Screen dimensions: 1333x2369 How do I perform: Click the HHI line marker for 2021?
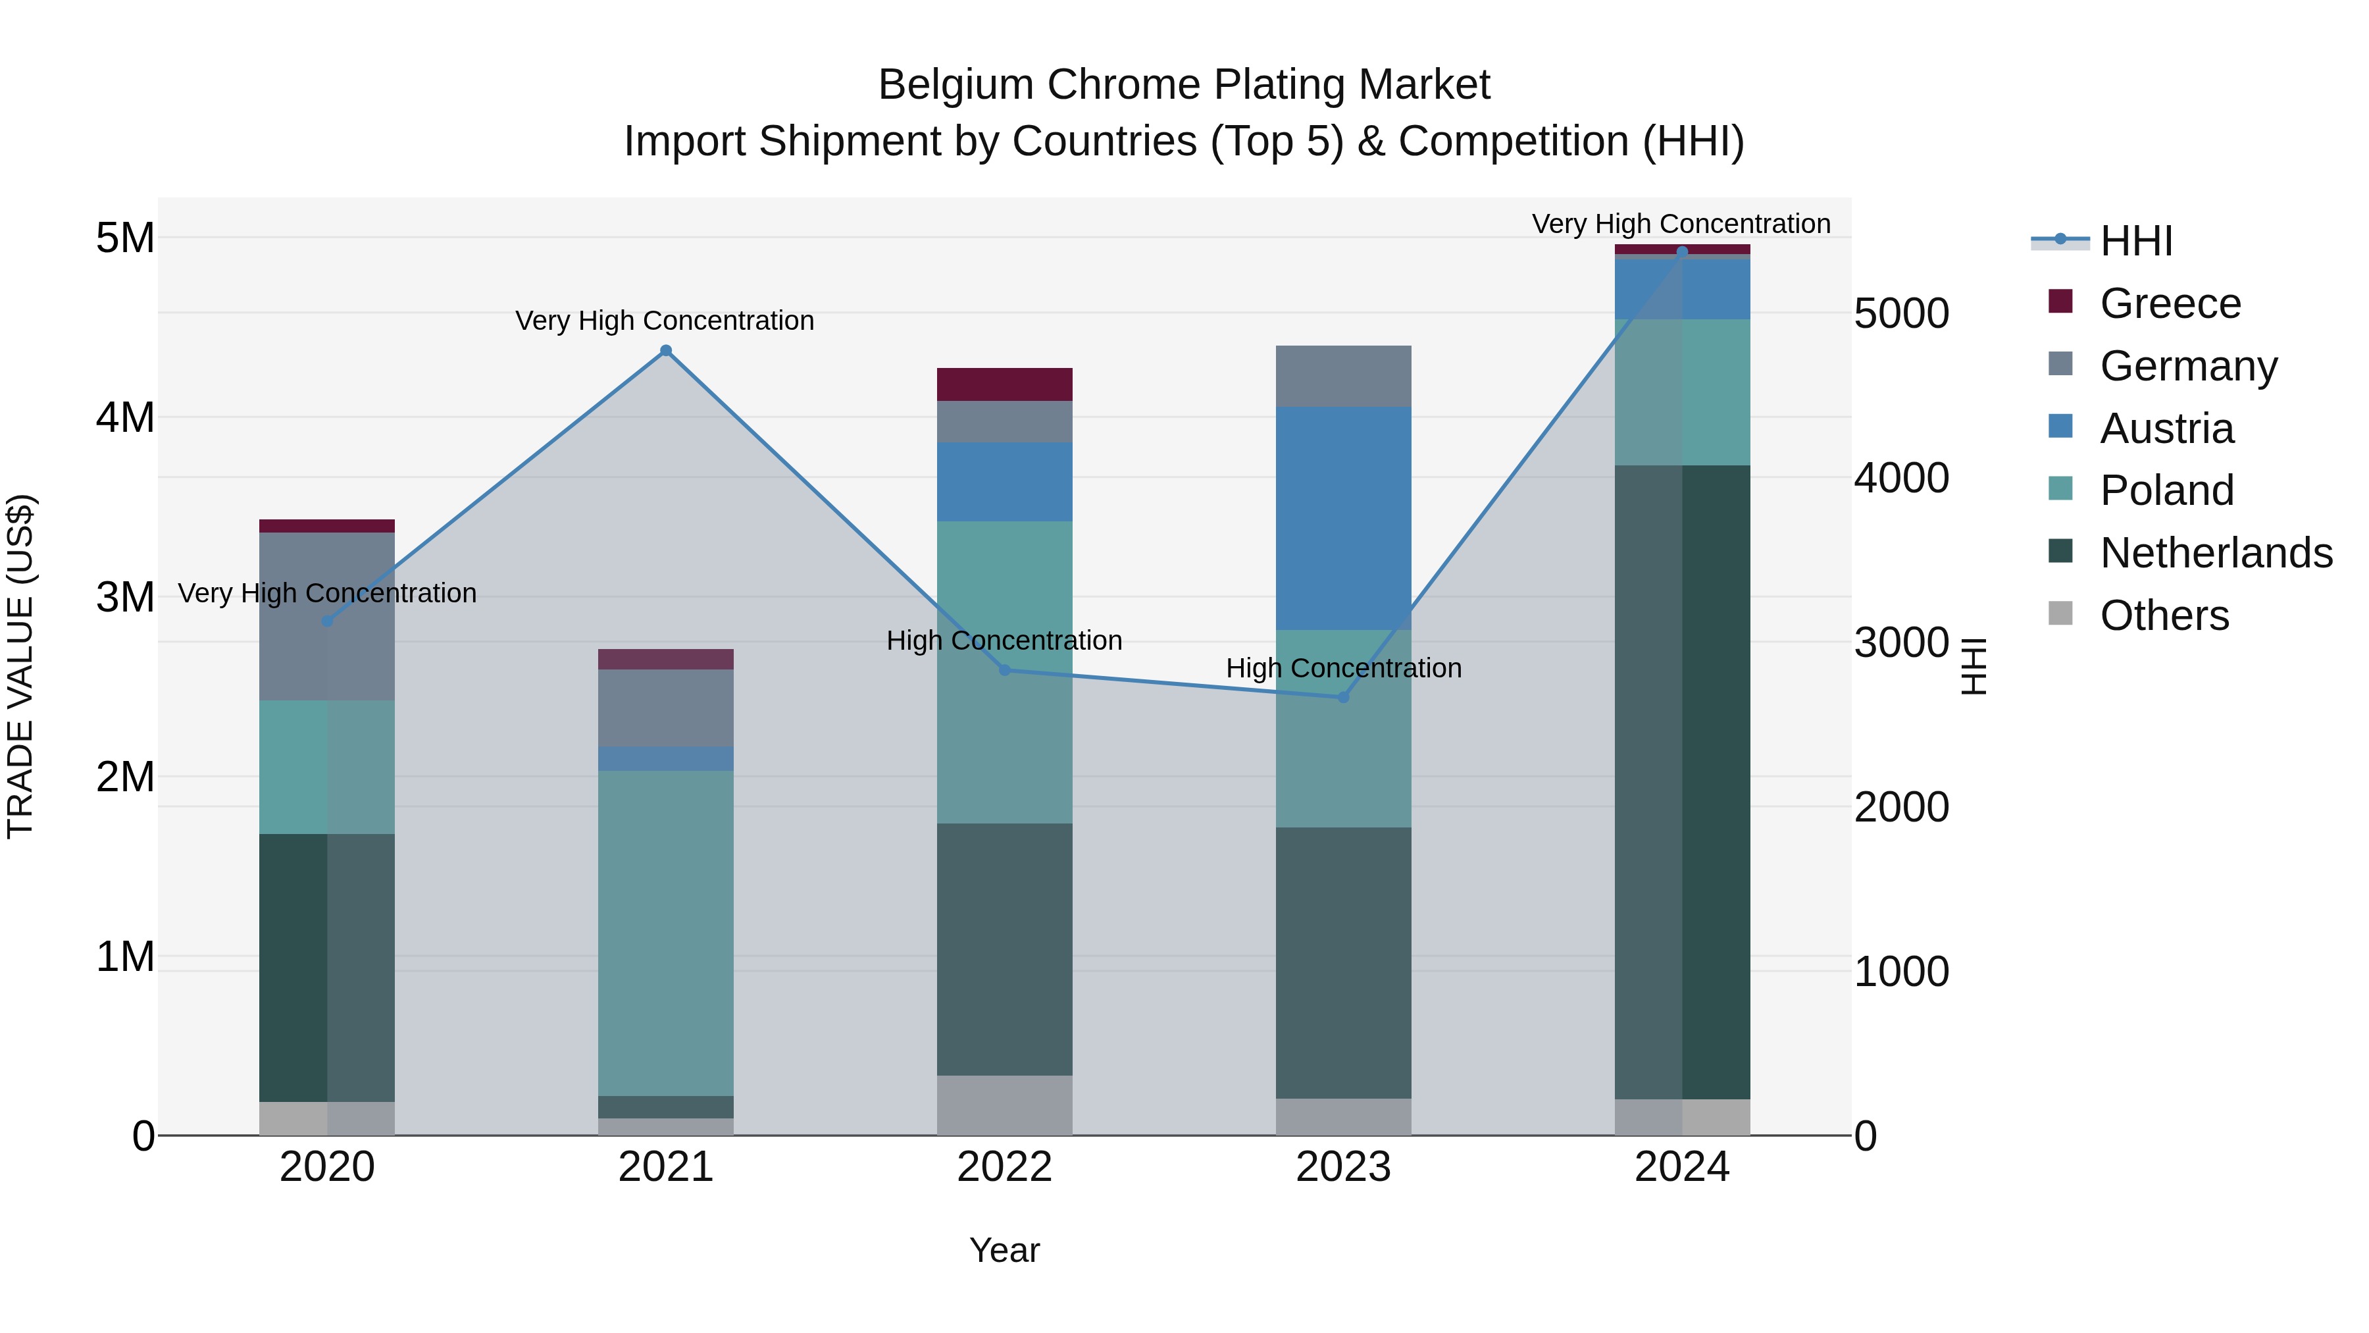666,350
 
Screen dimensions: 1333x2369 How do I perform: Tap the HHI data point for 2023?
1342,697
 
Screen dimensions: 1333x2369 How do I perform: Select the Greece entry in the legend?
2170,303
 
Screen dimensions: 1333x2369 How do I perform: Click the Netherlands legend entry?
2216,553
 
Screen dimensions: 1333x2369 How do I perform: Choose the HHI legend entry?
2135,241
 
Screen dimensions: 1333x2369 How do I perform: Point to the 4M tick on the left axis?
125,417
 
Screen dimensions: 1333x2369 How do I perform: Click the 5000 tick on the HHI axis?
1901,314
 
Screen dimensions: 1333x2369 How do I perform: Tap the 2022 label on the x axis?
1004,1167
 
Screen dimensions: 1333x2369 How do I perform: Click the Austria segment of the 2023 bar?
1342,518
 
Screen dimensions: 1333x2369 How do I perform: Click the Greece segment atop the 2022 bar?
1004,384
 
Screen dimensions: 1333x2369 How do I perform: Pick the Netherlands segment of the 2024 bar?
1682,782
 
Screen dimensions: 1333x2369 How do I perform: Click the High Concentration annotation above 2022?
1004,640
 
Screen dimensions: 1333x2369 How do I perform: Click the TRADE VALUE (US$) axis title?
21,666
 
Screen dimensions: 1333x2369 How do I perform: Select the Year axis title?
1004,1250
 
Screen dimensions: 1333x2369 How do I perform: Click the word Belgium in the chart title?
955,85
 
